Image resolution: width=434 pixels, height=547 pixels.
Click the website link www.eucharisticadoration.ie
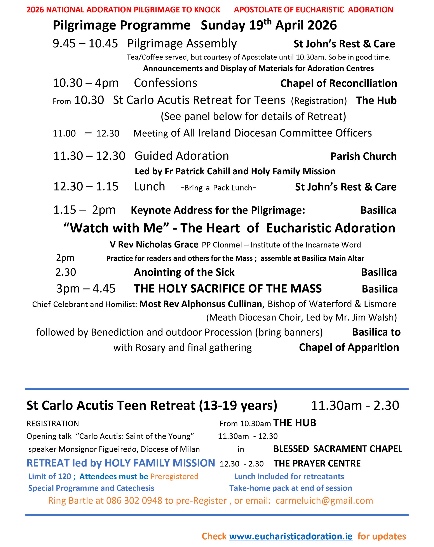(291, 536)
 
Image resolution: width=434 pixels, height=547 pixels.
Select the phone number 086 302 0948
(134, 500)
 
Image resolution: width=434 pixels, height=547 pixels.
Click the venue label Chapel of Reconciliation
(338, 83)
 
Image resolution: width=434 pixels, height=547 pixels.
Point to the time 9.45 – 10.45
(85, 44)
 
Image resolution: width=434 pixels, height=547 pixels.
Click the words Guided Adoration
(181, 156)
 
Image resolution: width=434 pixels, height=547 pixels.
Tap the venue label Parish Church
(363, 156)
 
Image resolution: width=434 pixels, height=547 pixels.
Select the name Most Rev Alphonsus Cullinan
(200, 304)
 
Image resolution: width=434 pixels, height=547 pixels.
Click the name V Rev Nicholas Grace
(154, 244)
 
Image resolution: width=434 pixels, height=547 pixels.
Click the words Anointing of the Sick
(184, 272)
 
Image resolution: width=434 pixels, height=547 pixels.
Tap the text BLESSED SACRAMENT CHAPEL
(337, 449)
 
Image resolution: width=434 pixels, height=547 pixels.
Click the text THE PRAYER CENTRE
(317, 463)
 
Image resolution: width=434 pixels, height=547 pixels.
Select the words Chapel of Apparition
(349, 347)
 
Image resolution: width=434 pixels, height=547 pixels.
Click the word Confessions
(165, 83)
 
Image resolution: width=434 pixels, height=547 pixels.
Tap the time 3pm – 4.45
(86, 288)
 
